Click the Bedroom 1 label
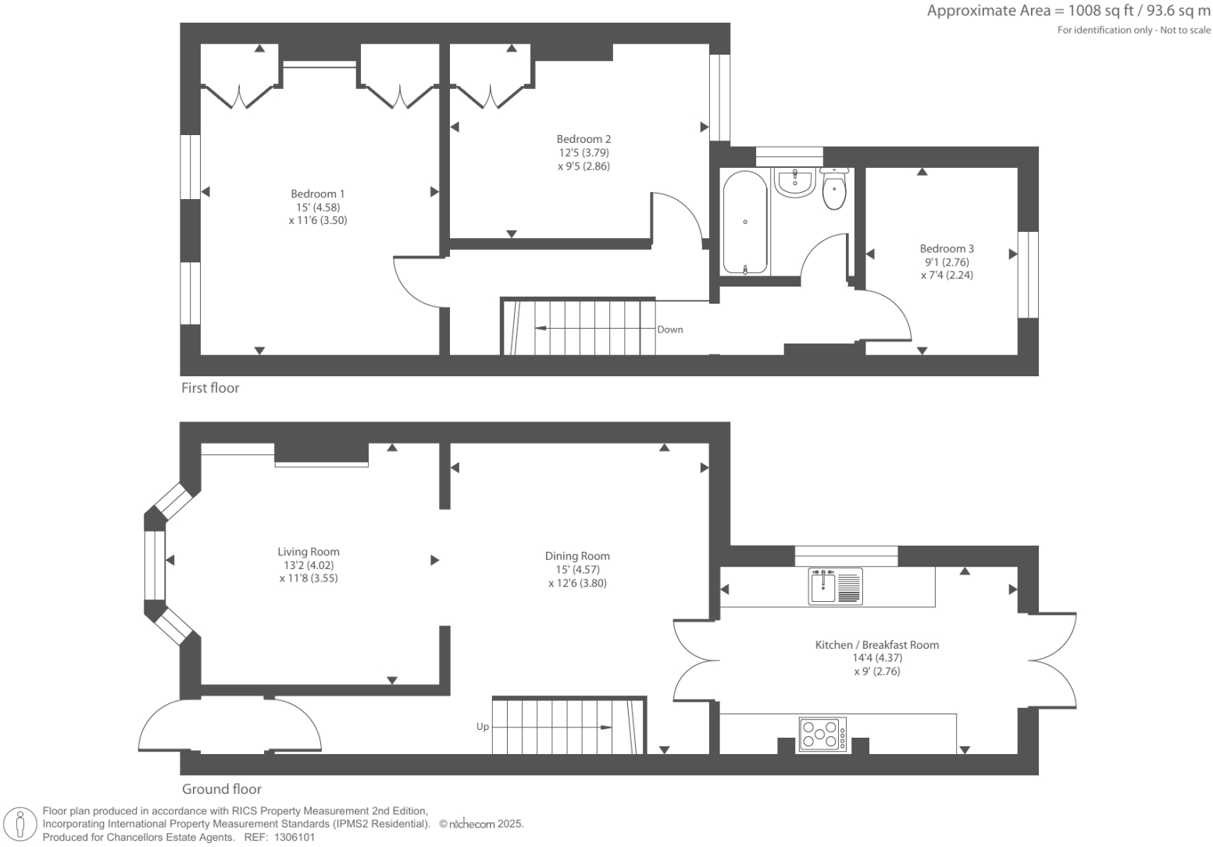pos(317,194)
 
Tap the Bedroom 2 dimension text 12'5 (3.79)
pos(583,153)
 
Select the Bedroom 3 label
pos(947,248)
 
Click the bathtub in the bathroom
pos(745,222)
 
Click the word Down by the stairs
pos(670,329)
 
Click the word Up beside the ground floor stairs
pos(483,727)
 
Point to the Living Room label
pos(309,551)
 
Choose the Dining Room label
pos(577,556)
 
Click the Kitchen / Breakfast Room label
pos(876,645)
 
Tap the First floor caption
pos(210,388)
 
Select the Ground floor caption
pos(222,789)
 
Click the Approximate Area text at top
pos(1068,11)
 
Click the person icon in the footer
pos(21,824)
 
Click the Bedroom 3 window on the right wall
pos(1028,274)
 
